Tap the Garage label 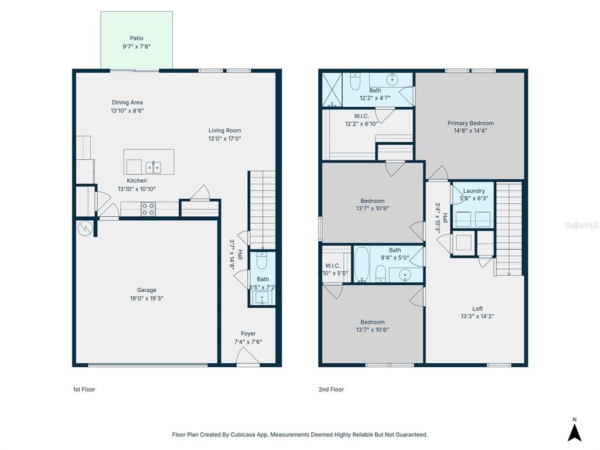tap(146, 290)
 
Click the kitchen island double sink tap(154, 167)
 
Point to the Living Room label tap(224, 131)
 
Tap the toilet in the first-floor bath tap(262, 261)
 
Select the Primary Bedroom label tap(470, 123)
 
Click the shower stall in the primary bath tap(332, 90)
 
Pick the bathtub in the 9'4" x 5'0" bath tap(362, 264)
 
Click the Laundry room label tap(473, 191)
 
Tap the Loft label tap(478, 309)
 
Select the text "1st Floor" tap(84, 389)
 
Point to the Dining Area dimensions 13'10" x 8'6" tap(127, 111)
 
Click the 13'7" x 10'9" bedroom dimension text tap(372, 208)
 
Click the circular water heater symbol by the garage tap(84, 228)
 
